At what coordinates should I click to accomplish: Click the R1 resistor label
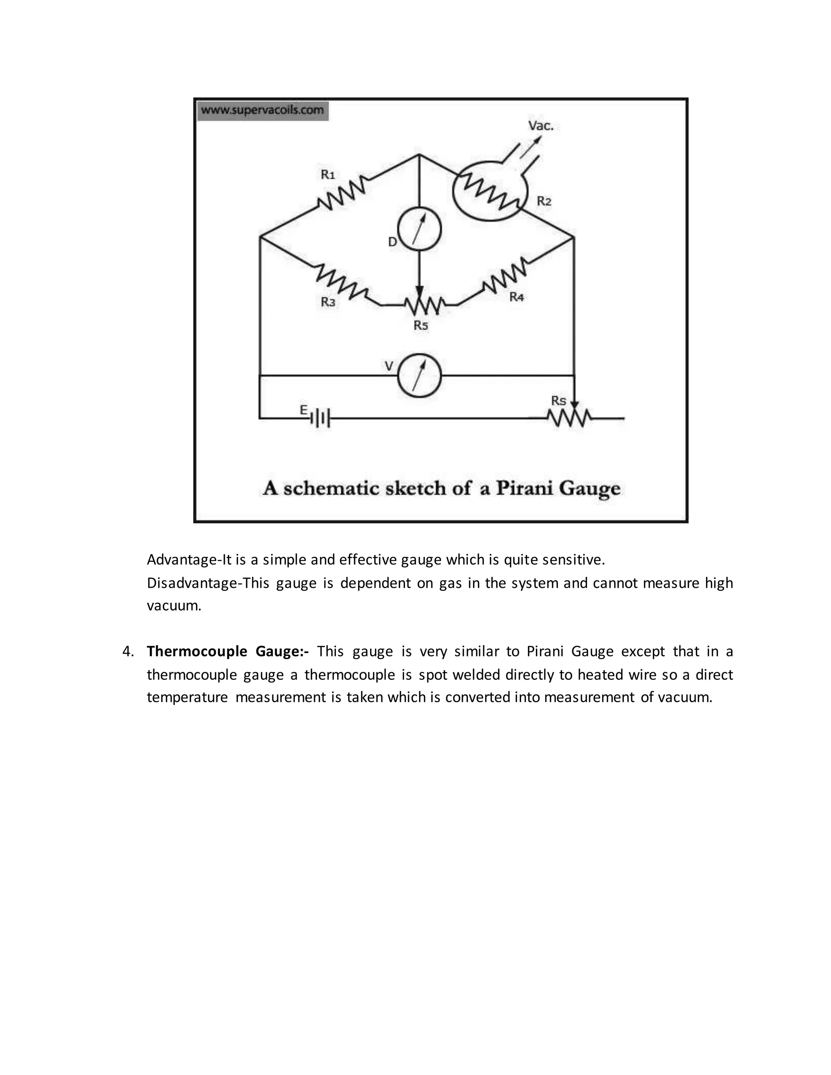point(328,175)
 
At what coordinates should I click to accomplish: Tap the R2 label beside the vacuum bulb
point(544,201)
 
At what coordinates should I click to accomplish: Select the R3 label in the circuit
point(328,302)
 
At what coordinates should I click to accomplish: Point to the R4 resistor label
point(517,297)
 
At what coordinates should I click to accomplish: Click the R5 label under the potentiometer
point(421,325)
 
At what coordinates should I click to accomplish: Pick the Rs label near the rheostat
point(558,401)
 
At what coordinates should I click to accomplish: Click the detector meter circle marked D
point(419,229)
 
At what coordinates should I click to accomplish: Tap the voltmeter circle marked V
point(419,375)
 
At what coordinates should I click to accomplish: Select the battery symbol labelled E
point(320,418)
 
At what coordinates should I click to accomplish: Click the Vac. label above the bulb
point(541,126)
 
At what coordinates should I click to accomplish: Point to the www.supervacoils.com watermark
point(263,110)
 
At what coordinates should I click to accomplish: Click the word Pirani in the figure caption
point(524,488)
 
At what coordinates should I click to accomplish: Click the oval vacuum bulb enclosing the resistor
point(490,187)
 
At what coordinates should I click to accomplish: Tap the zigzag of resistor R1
point(342,193)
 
